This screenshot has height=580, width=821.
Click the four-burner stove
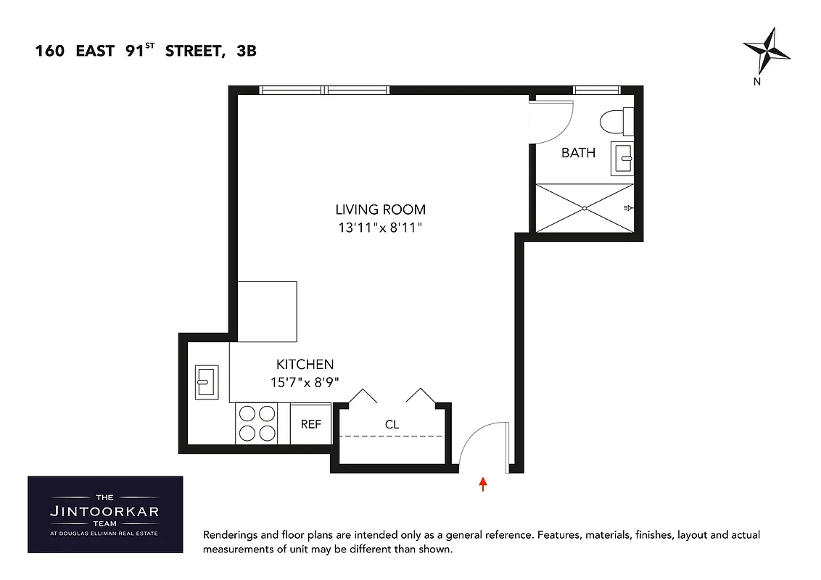pyautogui.click(x=257, y=423)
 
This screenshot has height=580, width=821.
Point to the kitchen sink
pyautogui.click(x=206, y=381)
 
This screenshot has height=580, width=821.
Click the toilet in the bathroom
pyautogui.click(x=619, y=122)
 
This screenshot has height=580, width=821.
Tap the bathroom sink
pyautogui.click(x=623, y=157)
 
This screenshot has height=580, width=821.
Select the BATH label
pyautogui.click(x=578, y=153)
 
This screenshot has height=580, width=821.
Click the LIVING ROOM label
pyautogui.click(x=380, y=210)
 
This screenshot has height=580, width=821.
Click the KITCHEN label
pyautogui.click(x=305, y=365)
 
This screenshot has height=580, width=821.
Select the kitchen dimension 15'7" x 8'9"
pyautogui.click(x=305, y=382)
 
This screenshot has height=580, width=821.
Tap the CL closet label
pyautogui.click(x=392, y=425)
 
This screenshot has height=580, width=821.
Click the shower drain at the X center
pyautogui.click(x=585, y=208)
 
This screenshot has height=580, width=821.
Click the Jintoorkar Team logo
pyautogui.click(x=105, y=515)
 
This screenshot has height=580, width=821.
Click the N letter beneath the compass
pyautogui.click(x=756, y=82)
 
